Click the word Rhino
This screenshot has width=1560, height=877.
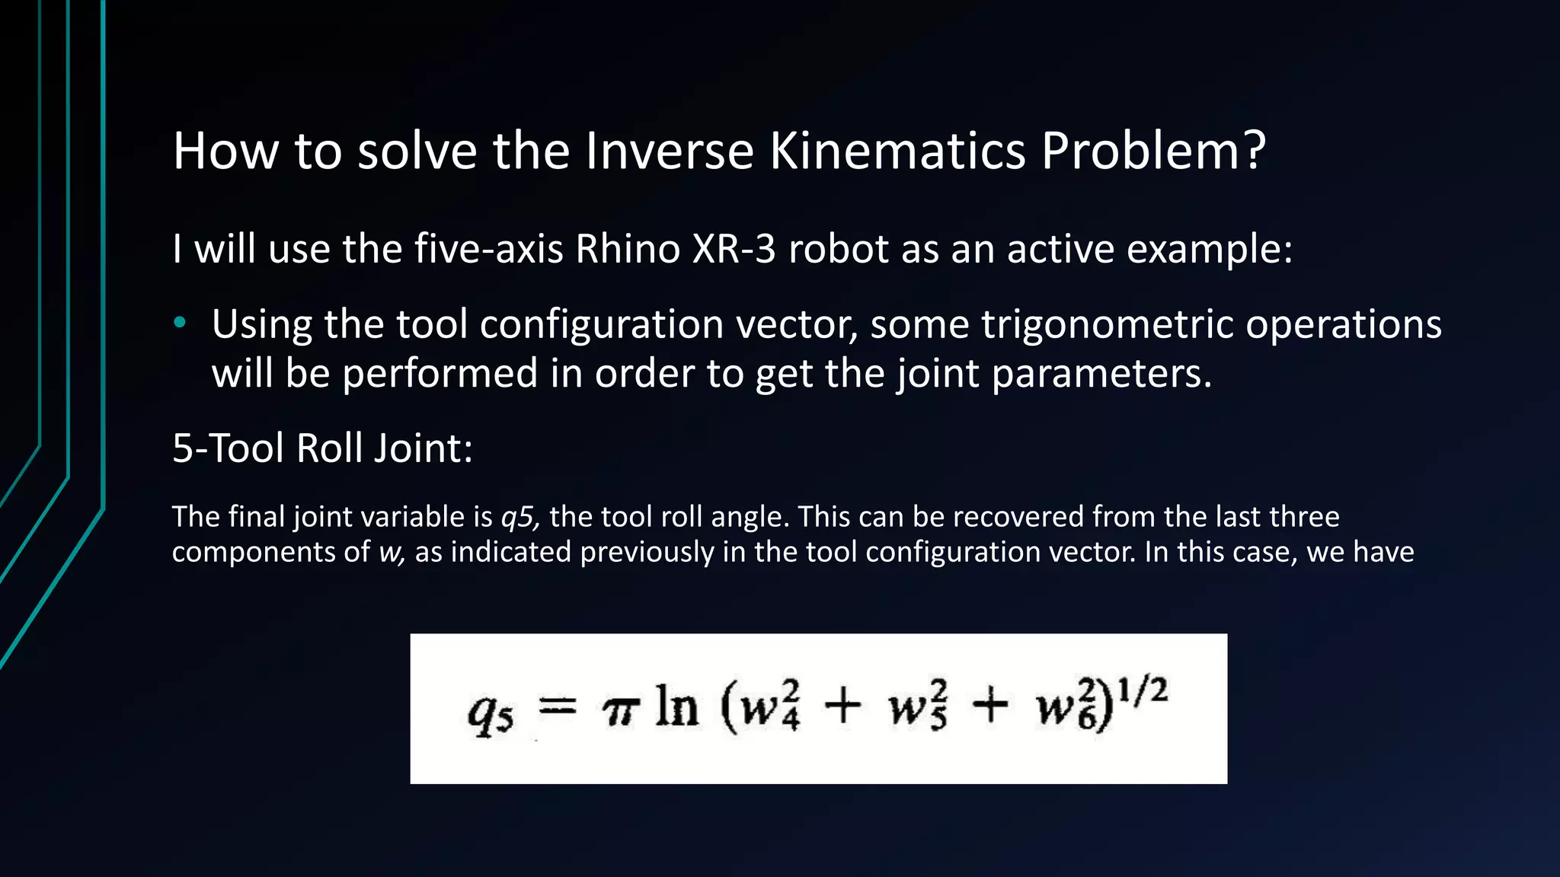click(x=627, y=249)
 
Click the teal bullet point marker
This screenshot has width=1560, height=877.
click(x=180, y=323)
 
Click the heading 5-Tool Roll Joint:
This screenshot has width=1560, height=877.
click(x=322, y=448)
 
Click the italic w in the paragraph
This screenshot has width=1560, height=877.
click(x=391, y=552)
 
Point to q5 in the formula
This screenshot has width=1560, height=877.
click(x=490, y=713)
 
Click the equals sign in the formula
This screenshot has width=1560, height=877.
click(x=558, y=709)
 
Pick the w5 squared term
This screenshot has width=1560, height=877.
click(x=917, y=708)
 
